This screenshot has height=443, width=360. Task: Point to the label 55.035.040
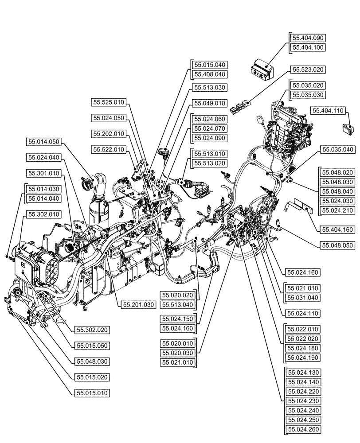tap(338, 150)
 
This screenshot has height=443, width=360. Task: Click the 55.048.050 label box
tap(338, 245)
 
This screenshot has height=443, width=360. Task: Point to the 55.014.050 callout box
tap(44, 142)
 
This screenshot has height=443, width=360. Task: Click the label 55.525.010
tap(109, 102)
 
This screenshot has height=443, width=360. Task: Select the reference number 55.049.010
tap(209, 103)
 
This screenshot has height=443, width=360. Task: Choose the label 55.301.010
tap(44, 173)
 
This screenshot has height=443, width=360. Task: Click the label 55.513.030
tap(209, 88)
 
